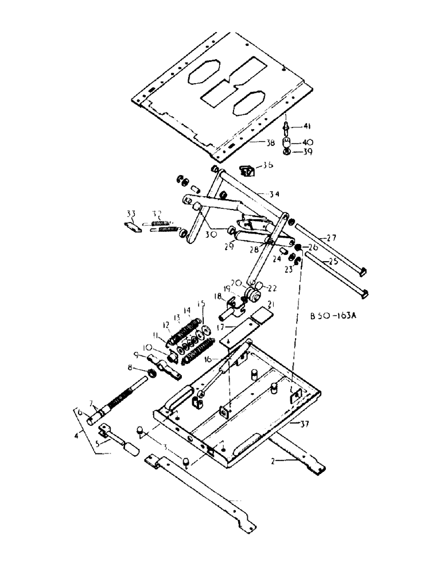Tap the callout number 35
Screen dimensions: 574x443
267,166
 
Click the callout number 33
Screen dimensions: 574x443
132,214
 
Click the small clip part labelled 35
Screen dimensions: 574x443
247,170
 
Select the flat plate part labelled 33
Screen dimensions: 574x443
133,227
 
